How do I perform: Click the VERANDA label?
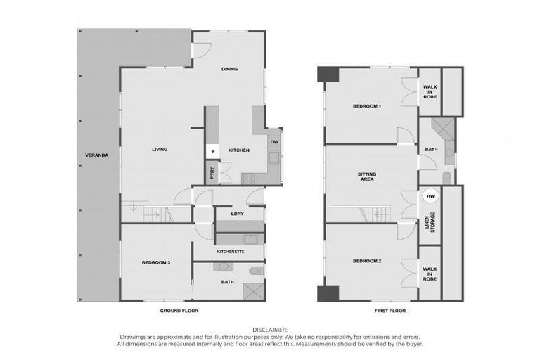[x=96, y=155]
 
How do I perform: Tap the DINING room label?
[x=229, y=69]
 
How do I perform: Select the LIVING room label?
[x=159, y=149]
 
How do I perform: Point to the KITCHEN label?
[x=239, y=150]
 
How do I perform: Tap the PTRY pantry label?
[x=210, y=171]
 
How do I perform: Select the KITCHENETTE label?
[x=230, y=251]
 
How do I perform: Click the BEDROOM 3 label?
[x=156, y=262]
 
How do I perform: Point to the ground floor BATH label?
[x=228, y=282]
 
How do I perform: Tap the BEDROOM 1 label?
[x=366, y=106]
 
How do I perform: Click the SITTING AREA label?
[x=366, y=176]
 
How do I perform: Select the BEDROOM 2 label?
[x=366, y=262]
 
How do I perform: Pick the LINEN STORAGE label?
[x=433, y=224]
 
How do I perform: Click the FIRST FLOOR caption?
[x=390, y=310]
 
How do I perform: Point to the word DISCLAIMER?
[x=269, y=329]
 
